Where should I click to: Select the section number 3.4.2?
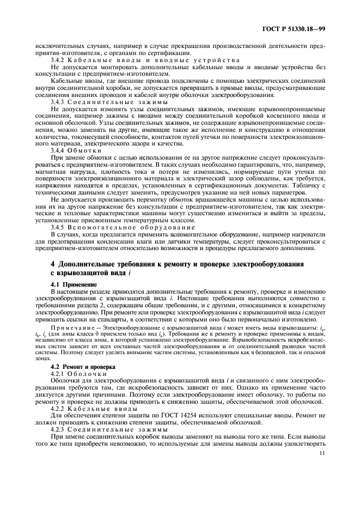coord(58,59)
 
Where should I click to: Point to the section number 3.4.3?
coord(58,102)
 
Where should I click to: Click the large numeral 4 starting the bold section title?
coord(52,264)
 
